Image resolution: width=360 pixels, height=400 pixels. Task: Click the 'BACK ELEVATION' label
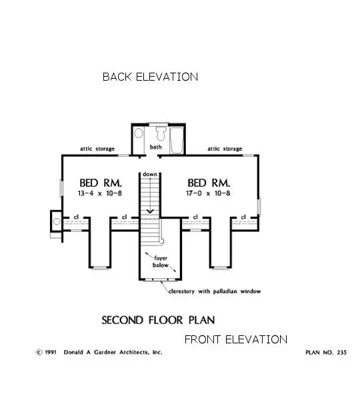click(150, 77)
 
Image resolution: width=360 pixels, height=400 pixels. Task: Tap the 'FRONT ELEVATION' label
click(235, 339)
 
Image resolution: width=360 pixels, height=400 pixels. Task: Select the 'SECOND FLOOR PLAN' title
click(158, 320)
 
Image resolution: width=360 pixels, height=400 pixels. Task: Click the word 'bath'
click(155, 147)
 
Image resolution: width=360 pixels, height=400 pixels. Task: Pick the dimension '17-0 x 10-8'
click(209, 193)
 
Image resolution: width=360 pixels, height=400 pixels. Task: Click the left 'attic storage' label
click(97, 149)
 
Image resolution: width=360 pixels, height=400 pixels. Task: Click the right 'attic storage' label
click(224, 149)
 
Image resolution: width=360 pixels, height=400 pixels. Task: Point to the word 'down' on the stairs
click(149, 174)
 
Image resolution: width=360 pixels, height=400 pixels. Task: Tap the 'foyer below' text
click(160, 261)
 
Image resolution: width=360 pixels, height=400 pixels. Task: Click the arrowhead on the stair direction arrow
click(150, 211)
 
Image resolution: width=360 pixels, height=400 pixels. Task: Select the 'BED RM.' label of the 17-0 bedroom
click(209, 182)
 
